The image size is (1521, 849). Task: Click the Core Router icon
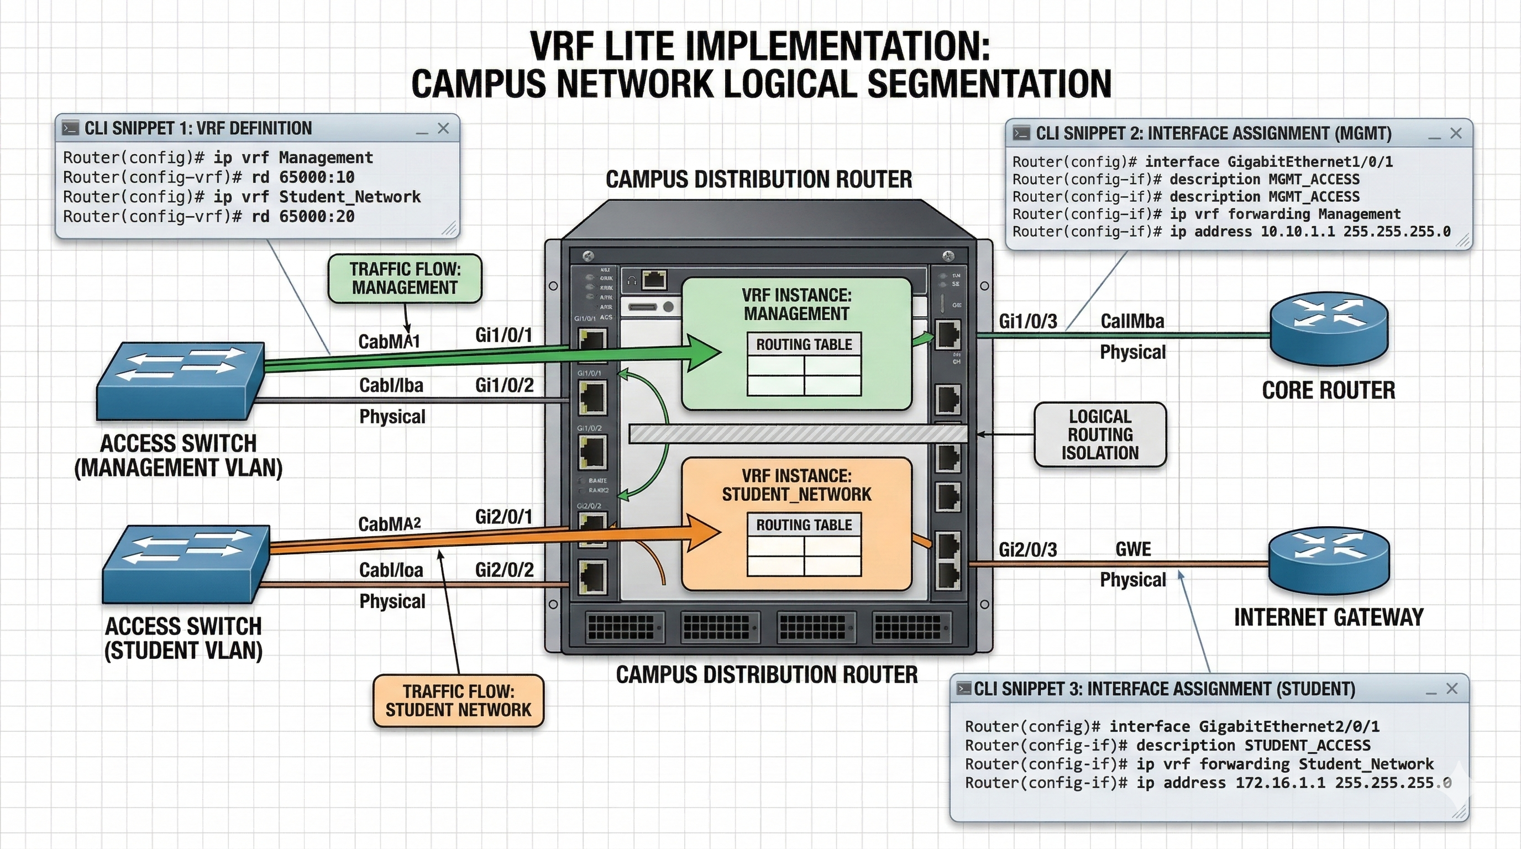[x=1329, y=328]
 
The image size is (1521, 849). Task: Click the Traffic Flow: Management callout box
[x=405, y=279]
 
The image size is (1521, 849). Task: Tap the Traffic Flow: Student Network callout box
[x=458, y=700]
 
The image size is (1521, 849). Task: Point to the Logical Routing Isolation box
[x=1100, y=434]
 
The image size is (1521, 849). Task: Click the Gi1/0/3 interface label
[x=1027, y=321]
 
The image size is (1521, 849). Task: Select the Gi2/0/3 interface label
[x=1027, y=549]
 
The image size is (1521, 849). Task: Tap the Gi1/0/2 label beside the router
[x=504, y=386]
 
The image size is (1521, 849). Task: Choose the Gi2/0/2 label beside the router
[x=504, y=570]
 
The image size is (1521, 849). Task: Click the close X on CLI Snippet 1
[x=443, y=128]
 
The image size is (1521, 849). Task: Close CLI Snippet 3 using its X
[x=1452, y=688]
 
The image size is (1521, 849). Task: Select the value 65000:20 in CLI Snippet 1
[x=317, y=217]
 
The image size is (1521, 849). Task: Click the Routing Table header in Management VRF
[x=804, y=344]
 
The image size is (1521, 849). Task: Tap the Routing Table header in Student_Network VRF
[x=804, y=525]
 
